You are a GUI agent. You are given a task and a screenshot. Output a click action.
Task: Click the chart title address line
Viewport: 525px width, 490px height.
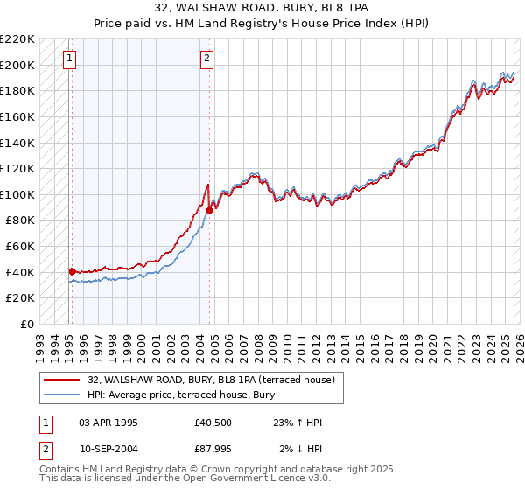point(262,7)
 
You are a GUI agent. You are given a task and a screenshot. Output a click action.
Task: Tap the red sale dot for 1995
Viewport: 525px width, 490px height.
point(72,271)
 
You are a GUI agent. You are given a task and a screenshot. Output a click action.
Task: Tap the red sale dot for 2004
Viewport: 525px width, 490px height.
point(210,210)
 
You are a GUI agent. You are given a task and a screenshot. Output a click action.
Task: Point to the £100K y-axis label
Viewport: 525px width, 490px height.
point(17,194)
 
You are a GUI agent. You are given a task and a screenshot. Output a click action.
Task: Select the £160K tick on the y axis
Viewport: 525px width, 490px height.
point(17,116)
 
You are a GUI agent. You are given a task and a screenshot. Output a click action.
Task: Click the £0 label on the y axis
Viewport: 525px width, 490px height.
point(27,324)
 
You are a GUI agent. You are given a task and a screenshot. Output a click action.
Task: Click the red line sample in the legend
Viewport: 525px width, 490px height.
point(63,379)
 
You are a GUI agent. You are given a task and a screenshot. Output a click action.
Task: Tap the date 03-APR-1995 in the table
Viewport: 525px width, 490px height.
point(108,423)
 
